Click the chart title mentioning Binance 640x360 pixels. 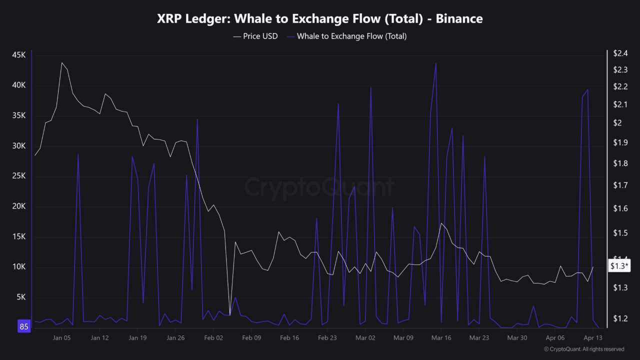320,19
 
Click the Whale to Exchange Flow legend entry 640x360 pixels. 351,36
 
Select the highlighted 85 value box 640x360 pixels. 24,327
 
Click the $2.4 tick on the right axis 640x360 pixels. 620,53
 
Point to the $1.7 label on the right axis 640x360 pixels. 620,185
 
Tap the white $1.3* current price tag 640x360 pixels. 619,266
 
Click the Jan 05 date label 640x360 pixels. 62,338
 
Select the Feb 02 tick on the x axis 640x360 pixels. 213,338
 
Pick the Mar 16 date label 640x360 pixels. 441,338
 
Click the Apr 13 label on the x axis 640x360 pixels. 593,338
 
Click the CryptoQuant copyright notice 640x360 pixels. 583,349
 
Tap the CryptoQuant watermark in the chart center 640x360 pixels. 319,187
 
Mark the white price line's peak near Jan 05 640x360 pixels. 62,63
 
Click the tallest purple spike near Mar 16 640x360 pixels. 436,63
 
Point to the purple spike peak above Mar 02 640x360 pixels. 371,88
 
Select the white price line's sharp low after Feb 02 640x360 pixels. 230,314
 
